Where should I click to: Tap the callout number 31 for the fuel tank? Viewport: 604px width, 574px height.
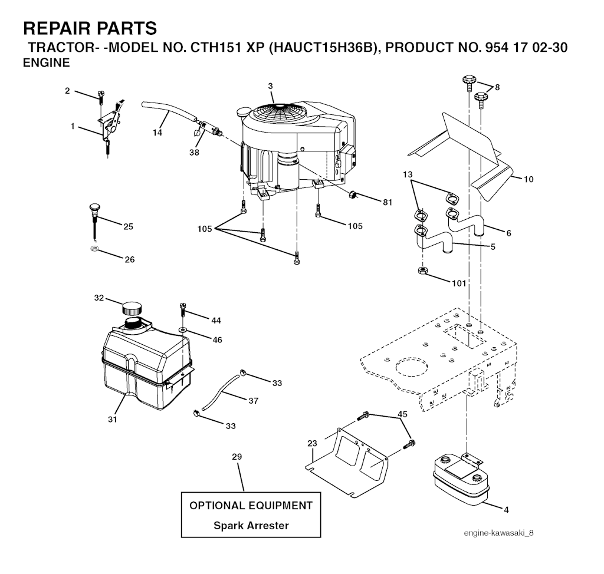point(112,419)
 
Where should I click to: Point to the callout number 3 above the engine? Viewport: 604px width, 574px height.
point(270,87)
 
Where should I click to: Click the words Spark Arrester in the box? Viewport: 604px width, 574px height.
point(251,525)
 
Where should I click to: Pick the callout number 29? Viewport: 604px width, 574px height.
point(237,457)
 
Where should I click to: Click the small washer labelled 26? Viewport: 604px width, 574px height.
point(94,249)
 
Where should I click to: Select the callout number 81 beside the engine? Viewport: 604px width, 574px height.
point(387,202)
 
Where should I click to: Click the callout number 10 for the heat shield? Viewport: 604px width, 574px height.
point(528,179)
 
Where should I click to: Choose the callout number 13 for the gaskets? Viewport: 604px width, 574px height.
point(408,174)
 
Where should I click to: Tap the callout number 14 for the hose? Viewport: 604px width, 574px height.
point(157,133)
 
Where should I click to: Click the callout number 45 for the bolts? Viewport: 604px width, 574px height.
point(402,414)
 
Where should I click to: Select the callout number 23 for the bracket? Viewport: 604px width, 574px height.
point(313,443)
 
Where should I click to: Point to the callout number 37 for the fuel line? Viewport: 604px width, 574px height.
point(253,401)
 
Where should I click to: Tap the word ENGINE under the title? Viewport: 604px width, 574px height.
point(46,62)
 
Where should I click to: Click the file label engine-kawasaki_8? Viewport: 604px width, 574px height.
point(498,533)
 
